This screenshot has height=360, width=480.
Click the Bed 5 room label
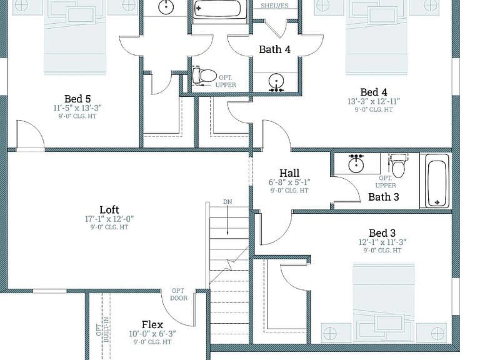tap(77, 99)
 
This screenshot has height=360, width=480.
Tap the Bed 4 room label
tap(374, 92)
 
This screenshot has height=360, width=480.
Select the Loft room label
tap(109, 210)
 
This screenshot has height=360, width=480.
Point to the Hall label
tap(289, 173)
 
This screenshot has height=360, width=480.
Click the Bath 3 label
tap(384, 197)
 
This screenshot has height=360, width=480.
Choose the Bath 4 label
tap(274, 49)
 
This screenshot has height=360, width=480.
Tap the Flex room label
tap(152, 324)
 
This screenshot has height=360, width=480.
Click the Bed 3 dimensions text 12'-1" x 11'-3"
tap(382, 242)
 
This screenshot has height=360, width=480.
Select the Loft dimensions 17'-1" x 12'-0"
tap(109, 219)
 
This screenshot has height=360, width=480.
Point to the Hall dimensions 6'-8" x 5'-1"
tap(289, 182)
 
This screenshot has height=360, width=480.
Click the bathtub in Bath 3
tap(436, 181)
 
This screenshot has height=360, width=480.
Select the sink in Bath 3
tap(356, 163)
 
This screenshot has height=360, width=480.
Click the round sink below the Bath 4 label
tap(276, 82)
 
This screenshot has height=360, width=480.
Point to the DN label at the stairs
tap(227, 202)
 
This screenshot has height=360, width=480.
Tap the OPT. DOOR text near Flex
tap(178, 294)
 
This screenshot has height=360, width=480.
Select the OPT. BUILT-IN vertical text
tap(102, 329)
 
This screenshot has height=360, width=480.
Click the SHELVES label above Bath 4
tap(274, 6)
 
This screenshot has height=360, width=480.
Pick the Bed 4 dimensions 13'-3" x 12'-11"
tap(374, 101)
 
